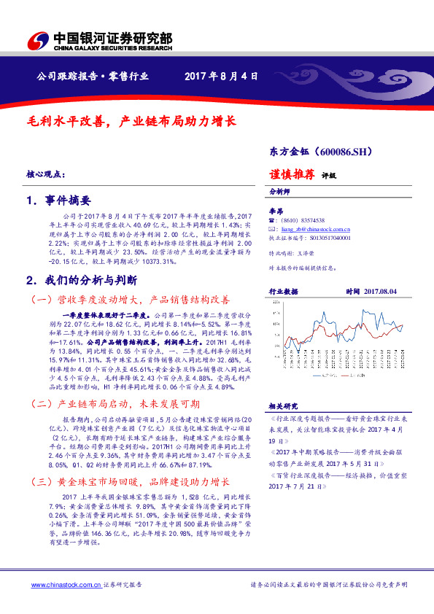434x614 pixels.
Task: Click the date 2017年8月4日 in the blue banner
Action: (221, 76)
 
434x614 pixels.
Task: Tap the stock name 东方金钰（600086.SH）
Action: (322, 152)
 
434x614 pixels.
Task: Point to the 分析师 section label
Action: (281, 192)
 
